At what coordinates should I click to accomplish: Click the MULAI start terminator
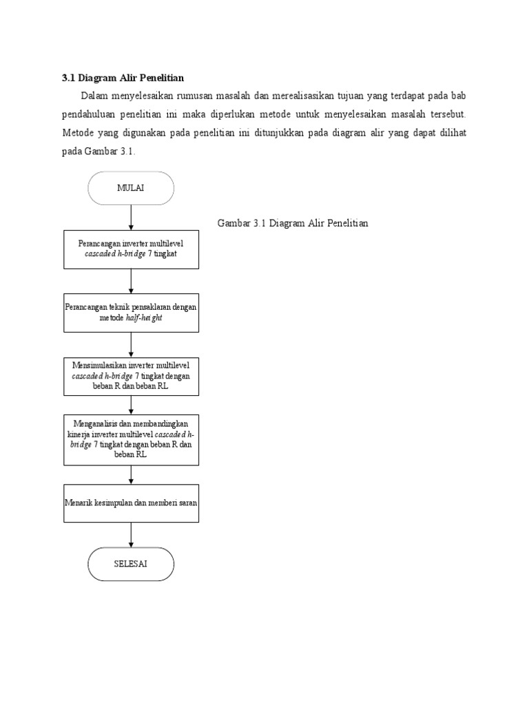pyautogui.click(x=131, y=189)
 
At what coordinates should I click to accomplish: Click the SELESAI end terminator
pyautogui.click(x=131, y=565)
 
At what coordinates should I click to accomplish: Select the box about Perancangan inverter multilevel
pyautogui.click(x=131, y=249)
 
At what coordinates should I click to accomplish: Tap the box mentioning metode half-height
pyautogui.click(x=131, y=313)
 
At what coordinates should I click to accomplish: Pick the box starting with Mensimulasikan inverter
pyautogui.click(x=131, y=376)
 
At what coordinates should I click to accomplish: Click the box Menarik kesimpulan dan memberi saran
pyautogui.click(x=131, y=503)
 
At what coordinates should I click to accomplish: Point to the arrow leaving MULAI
pyautogui.click(x=131, y=218)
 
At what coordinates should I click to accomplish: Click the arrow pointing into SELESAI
pyautogui.click(x=131, y=534)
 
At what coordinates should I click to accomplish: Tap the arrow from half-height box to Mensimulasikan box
pyautogui.click(x=131, y=344)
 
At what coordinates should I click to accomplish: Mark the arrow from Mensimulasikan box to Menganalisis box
pyautogui.click(x=131, y=405)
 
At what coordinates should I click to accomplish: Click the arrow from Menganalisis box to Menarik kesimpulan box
pyautogui.click(x=131, y=475)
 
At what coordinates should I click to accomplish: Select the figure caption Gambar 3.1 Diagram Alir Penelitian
pyautogui.click(x=293, y=224)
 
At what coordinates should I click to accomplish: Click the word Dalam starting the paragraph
pyautogui.click(x=94, y=95)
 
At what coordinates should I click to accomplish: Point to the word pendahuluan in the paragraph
pyautogui.click(x=92, y=114)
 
